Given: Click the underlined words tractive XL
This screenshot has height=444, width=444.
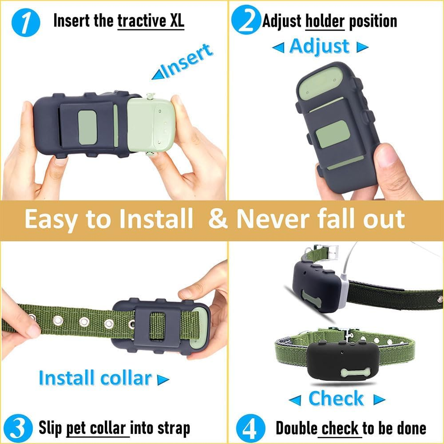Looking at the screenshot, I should click(151, 21).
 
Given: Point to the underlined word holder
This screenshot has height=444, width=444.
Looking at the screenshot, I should click(325, 21).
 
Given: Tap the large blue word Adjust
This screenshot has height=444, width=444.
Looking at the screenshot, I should click(320, 46).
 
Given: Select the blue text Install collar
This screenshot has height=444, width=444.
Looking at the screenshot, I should click(95, 378).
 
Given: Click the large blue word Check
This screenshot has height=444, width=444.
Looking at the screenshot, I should click(336, 399).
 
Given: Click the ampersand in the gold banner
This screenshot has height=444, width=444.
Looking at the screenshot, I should click(218, 219).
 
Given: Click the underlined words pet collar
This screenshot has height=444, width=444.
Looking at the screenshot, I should click(98, 428).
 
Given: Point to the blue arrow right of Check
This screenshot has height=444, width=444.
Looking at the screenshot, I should click(378, 400).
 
